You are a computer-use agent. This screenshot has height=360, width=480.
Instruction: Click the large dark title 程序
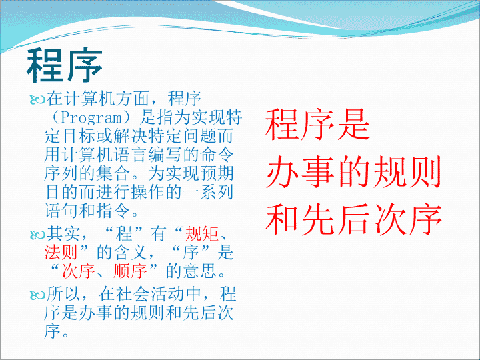64,65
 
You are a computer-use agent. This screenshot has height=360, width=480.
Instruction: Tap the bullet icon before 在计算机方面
37,99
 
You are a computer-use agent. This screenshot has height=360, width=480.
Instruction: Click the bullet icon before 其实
37,235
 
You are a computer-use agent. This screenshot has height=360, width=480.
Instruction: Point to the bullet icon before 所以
37,295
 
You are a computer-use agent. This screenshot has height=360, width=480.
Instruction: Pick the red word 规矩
202,233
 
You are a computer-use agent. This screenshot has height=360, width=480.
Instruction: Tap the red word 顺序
130,271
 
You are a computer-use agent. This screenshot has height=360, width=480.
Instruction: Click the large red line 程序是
318,125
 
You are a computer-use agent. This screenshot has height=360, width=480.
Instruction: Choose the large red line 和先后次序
354,219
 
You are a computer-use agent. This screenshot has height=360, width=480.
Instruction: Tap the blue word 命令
217,155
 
